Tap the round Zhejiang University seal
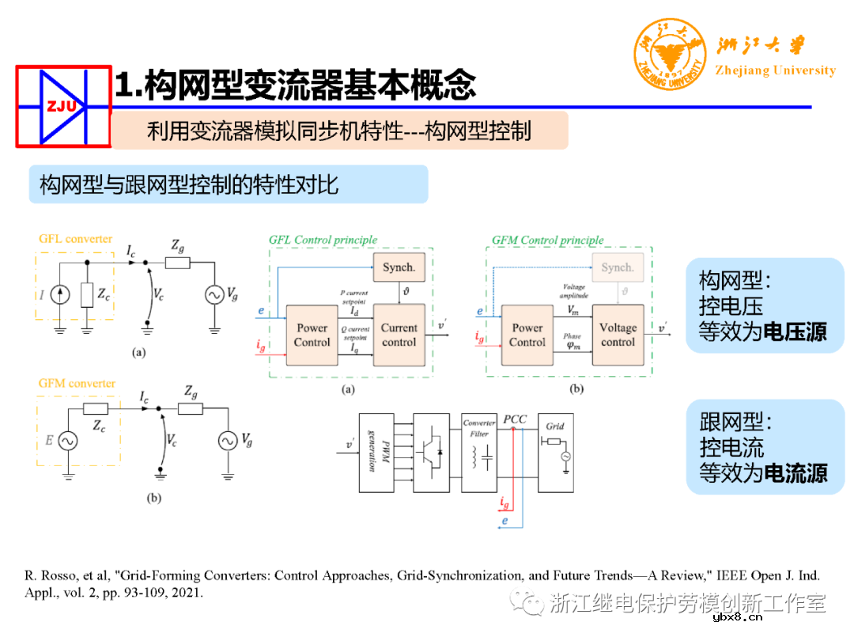click(x=669, y=54)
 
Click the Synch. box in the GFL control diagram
click(x=399, y=267)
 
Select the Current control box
click(x=399, y=335)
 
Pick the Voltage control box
click(x=618, y=335)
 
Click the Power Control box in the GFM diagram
click(x=527, y=335)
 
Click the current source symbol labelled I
click(x=59, y=295)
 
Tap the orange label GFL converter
click(x=76, y=238)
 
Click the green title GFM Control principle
click(x=547, y=240)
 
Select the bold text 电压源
click(x=795, y=331)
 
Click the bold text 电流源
click(x=795, y=472)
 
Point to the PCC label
click(x=515, y=419)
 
